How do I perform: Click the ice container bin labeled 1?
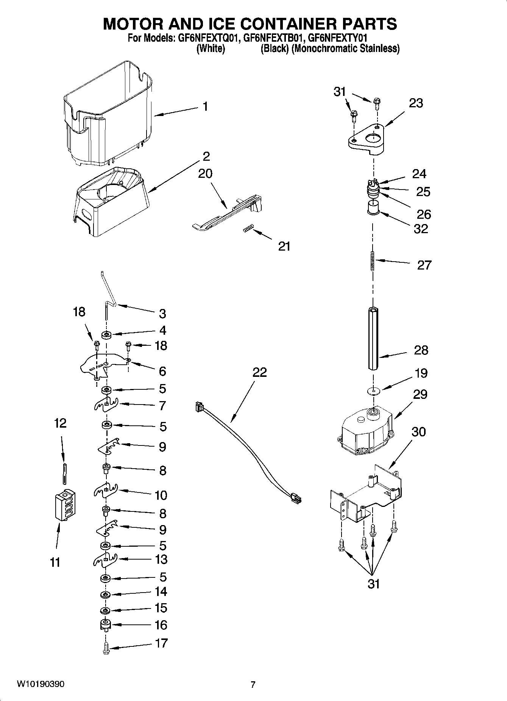[108, 114]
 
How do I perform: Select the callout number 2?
[206, 156]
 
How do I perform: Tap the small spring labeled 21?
[247, 229]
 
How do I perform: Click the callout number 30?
[418, 432]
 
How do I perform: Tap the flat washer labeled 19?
[373, 390]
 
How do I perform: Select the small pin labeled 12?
[65, 473]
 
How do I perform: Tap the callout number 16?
[161, 624]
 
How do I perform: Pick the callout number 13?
[161, 559]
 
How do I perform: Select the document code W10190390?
[41, 684]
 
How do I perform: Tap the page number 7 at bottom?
[253, 684]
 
